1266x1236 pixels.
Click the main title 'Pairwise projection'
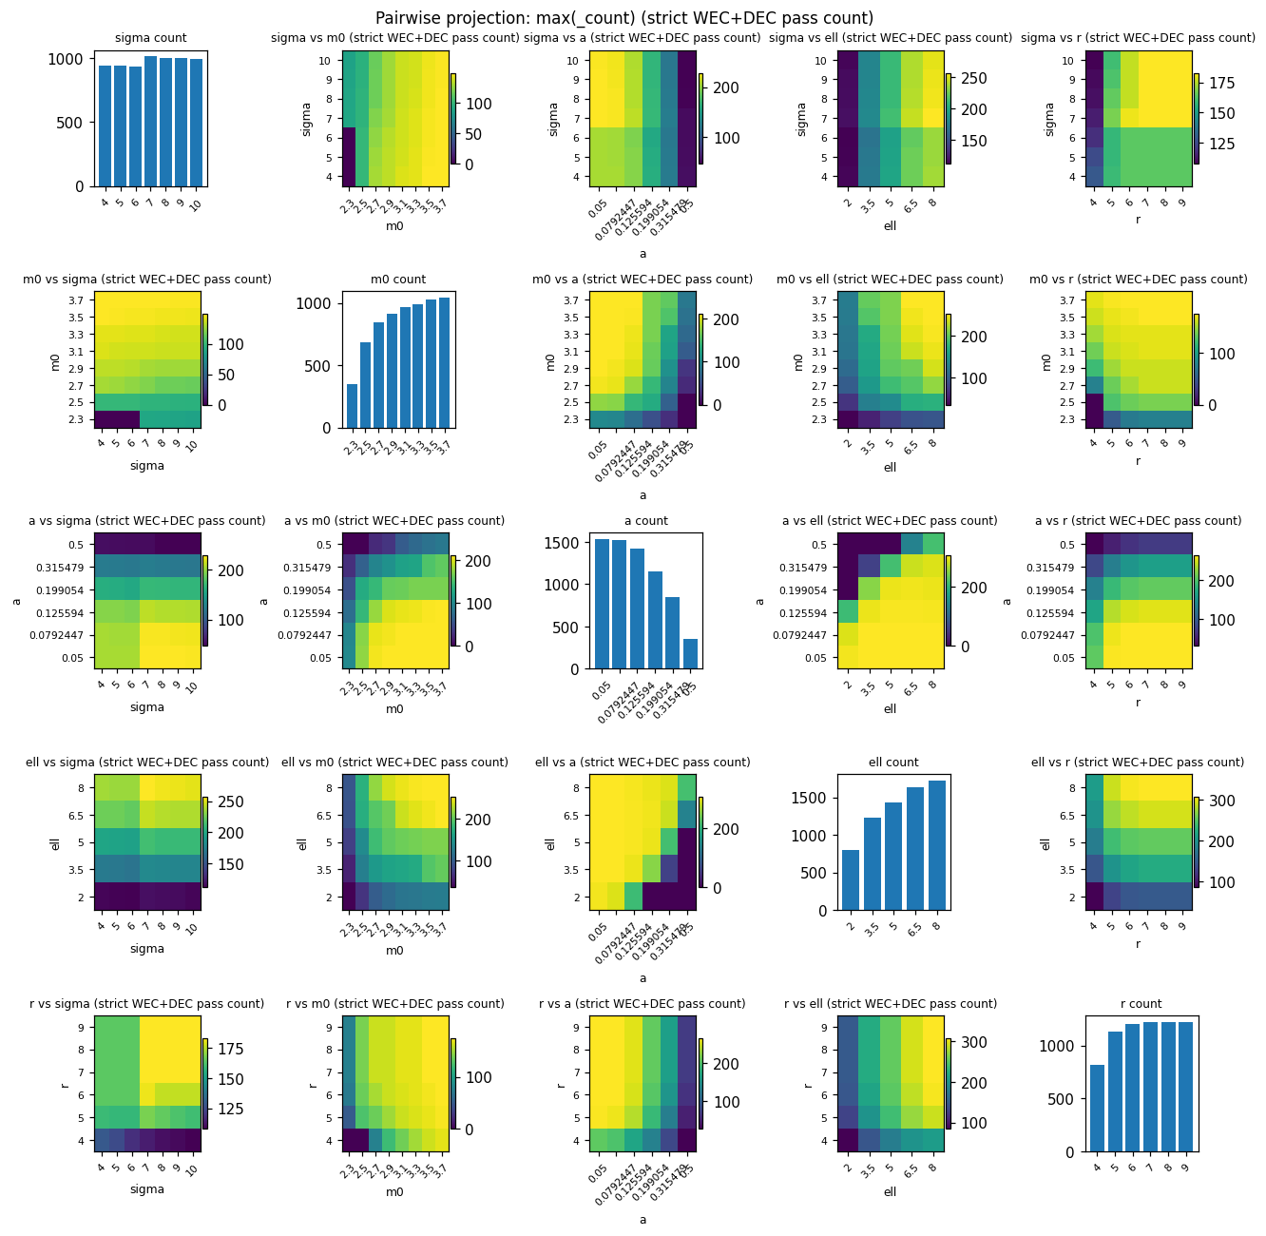624,18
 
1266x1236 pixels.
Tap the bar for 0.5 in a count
690,654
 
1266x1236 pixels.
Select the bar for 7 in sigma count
150,122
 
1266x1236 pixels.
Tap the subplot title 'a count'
645,521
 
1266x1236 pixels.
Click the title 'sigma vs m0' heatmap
395,38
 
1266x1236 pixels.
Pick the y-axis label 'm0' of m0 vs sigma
55,361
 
